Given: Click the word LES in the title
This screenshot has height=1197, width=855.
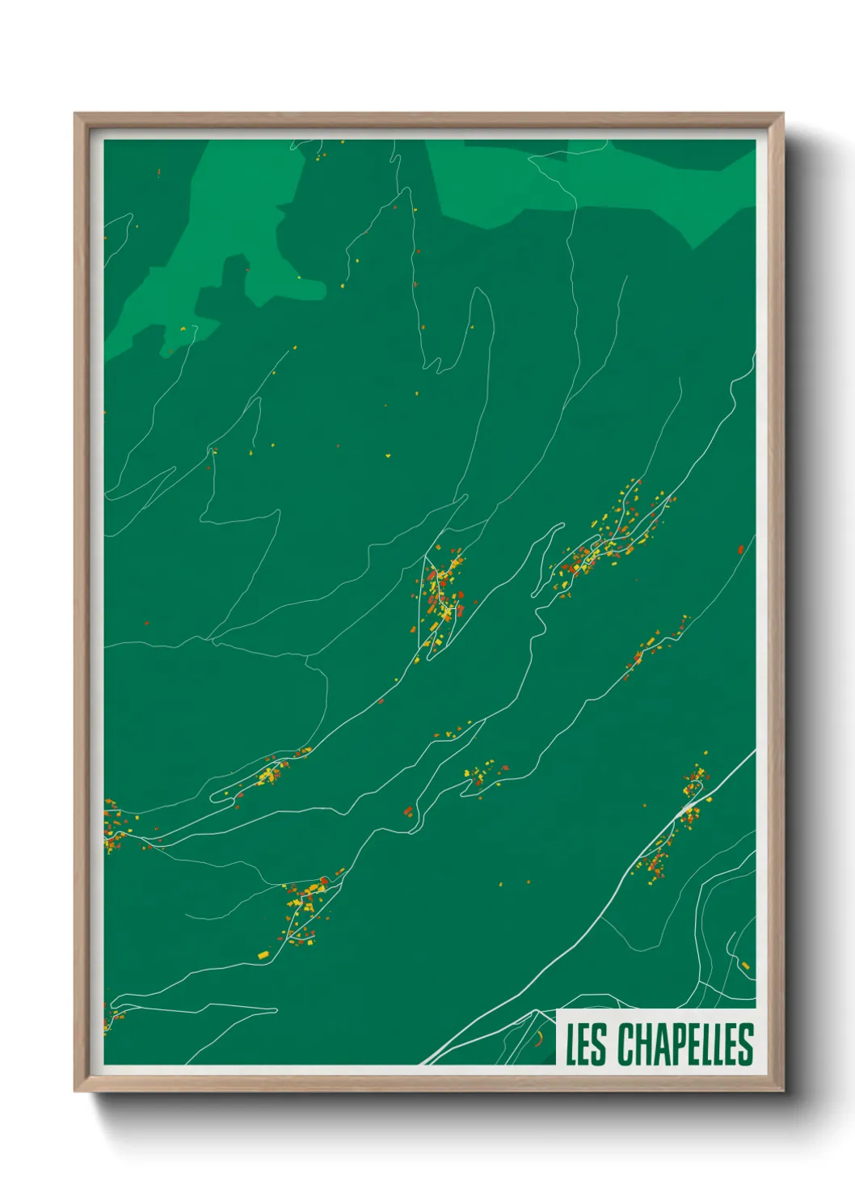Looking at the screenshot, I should [x=585, y=1044].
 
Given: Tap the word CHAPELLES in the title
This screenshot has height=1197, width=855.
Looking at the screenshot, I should [x=686, y=1044].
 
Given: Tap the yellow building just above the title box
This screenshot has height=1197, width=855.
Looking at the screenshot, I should [x=745, y=965].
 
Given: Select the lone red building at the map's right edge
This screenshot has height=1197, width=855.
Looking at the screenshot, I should [x=740, y=550].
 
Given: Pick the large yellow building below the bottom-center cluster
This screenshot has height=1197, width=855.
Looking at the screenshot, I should [x=263, y=956].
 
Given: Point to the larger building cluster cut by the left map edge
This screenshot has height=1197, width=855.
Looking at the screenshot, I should [x=111, y=825].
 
